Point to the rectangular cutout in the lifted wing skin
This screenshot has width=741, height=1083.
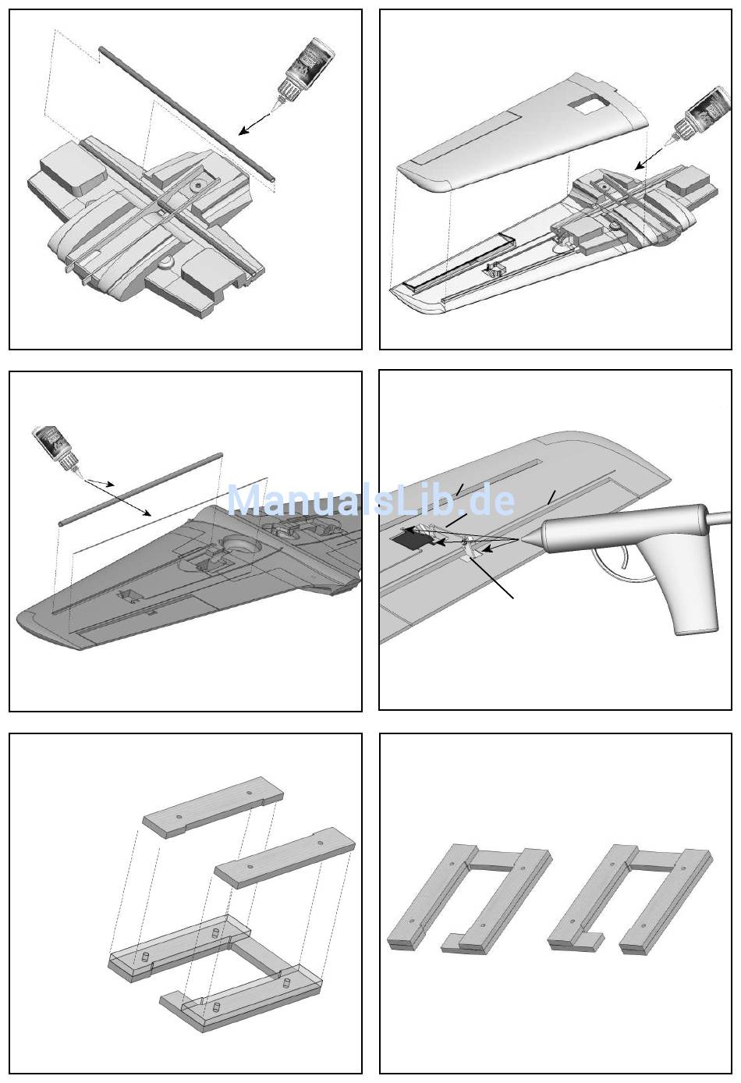[588, 104]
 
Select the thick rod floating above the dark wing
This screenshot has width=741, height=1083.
[140, 488]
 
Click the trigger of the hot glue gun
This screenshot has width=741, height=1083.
[617, 562]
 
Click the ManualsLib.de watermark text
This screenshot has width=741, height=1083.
[370, 500]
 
